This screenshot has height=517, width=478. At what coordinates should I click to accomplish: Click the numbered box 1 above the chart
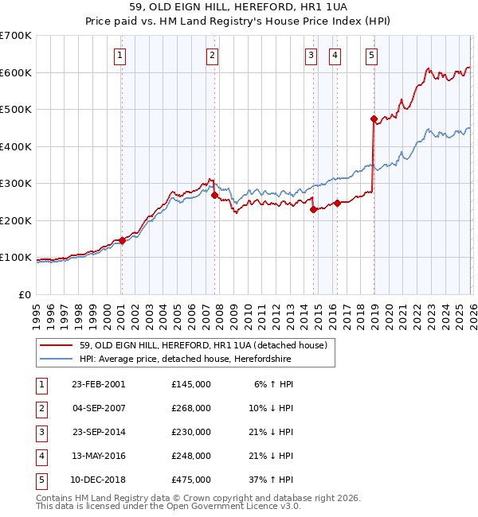[x=119, y=55]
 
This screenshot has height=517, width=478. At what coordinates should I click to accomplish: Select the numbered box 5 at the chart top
[x=372, y=55]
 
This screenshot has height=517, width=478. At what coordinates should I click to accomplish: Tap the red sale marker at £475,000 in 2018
[x=374, y=119]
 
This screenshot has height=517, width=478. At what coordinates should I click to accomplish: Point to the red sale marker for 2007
[x=214, y=195]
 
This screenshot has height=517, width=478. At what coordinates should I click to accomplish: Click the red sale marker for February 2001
[x=122, y=240]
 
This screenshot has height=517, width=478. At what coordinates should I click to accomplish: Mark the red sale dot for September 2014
[x=313, y=209]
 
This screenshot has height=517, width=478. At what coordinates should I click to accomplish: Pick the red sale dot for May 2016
[x=337, y=203]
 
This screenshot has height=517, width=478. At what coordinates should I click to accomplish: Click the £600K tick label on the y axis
[x=16, y=72]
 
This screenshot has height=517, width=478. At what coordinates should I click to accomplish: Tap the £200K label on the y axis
[x=16, y=220]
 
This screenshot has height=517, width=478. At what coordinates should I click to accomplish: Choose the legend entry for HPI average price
[x=185, y=360]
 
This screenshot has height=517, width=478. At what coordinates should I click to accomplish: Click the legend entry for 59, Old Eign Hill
[x=197, y=345]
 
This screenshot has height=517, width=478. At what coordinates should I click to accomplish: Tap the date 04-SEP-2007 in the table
[x=98, y=408]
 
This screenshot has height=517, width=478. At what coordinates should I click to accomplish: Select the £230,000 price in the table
[x=190, y=432]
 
